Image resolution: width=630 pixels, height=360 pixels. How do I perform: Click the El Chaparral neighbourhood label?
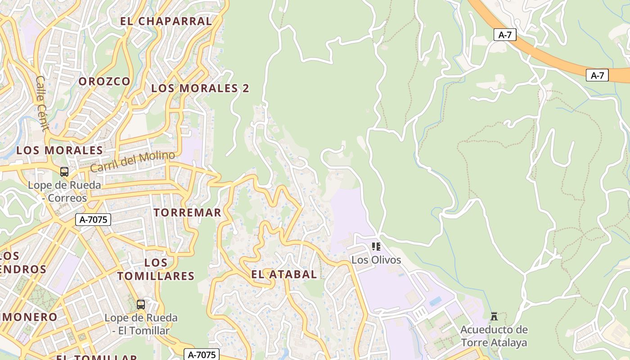[166, 21]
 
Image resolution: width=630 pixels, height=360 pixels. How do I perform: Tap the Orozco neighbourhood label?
[104, 81]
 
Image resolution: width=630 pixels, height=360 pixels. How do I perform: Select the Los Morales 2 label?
[200, 88]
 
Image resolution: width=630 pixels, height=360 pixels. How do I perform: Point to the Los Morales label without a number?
[59, 150]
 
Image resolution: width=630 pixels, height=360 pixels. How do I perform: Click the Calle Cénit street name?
[42, 103]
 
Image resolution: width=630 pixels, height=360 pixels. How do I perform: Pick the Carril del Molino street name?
[132, 162]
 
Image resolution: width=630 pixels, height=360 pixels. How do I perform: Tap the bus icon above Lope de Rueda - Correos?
[64, 171]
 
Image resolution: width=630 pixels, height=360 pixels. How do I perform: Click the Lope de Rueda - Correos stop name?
[64, 191]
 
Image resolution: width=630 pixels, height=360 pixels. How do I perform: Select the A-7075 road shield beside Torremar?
[93, 220]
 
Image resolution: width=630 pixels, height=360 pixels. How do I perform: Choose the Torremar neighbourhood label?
[187, 212]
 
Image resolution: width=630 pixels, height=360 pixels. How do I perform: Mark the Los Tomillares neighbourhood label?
[156, 269]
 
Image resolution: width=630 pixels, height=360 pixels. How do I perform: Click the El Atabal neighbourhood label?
[283, 274]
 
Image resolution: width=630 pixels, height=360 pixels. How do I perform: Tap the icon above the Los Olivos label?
[376, 247]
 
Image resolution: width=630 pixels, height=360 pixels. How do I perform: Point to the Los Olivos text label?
[376, 260]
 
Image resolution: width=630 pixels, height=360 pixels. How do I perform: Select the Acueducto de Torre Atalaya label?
[494, 336]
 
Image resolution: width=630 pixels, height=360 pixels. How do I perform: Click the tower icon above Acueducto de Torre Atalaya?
[494, 316]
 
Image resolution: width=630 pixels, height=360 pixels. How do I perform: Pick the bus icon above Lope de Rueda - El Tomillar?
[141, 305]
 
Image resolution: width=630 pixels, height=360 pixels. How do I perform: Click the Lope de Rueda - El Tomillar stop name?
[141, 324]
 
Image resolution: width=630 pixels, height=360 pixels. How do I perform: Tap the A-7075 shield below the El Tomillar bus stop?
[202, 355]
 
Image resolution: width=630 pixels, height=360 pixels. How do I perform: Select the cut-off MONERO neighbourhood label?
[29, 317]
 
